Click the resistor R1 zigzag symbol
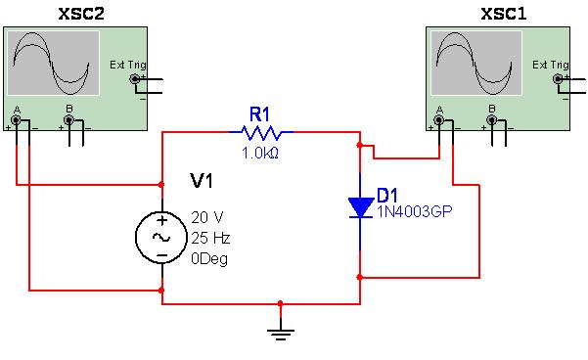260,131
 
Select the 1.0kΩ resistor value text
261,153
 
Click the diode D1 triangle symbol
360,206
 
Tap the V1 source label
202,181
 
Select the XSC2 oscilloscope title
54,13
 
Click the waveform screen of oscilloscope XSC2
54,62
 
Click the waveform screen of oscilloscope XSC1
476,62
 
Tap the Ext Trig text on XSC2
125,65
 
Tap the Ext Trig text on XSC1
550,65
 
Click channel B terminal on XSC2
68,120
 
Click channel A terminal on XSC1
438,120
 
